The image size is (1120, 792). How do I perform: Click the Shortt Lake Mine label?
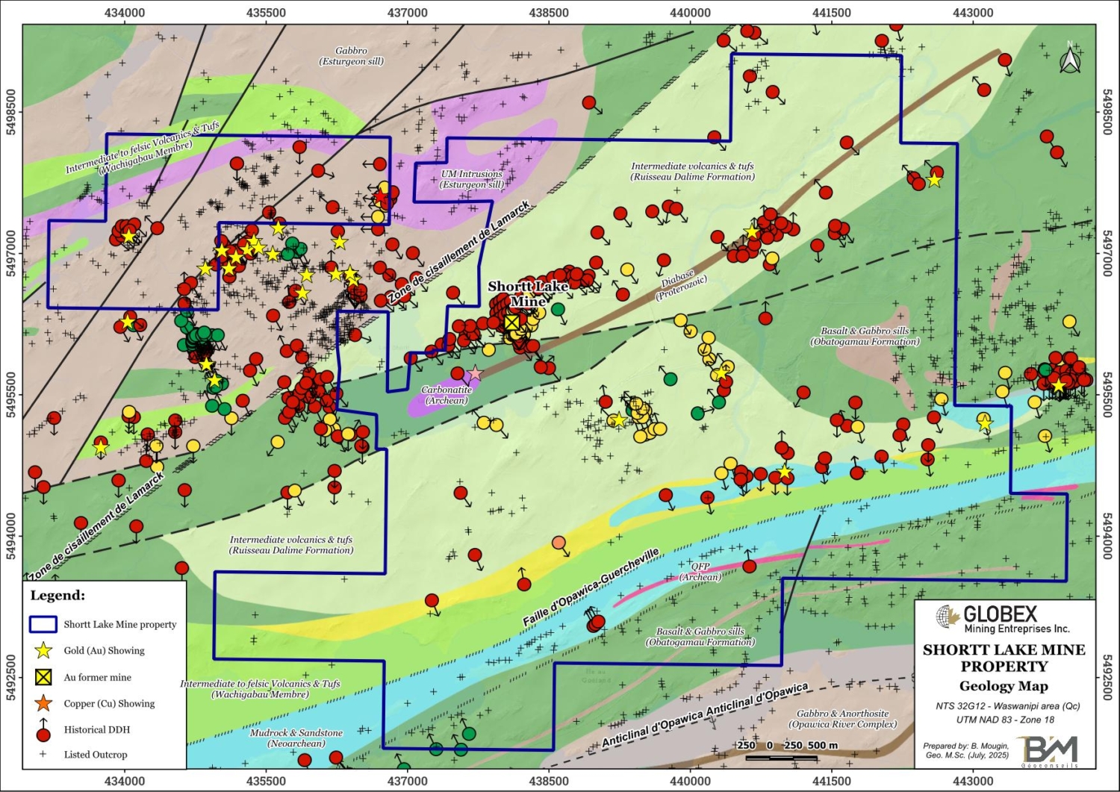point(528,293)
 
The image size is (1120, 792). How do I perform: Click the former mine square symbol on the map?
point(511,322)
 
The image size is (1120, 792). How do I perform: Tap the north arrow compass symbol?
point(1070,59)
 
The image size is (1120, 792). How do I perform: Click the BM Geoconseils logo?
point(1050,749)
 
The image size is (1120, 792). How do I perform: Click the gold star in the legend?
point(44,651)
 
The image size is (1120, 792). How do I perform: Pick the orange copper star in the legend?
point(44,703)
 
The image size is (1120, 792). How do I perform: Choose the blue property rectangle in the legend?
point(43,624)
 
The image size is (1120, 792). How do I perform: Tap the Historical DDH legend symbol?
point(44,732)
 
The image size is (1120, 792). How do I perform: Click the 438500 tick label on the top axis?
point(549,13)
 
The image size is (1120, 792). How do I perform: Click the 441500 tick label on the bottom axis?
point(831,782)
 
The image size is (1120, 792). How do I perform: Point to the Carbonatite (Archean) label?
point(447,395)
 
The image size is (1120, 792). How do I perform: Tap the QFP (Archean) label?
point(700,572)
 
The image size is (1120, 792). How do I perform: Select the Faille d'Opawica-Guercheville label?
point(591,587)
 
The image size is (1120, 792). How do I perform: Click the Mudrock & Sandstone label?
point(296,738)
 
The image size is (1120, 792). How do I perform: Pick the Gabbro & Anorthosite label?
point(842,719)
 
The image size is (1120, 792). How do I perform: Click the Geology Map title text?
point(1004,686)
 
